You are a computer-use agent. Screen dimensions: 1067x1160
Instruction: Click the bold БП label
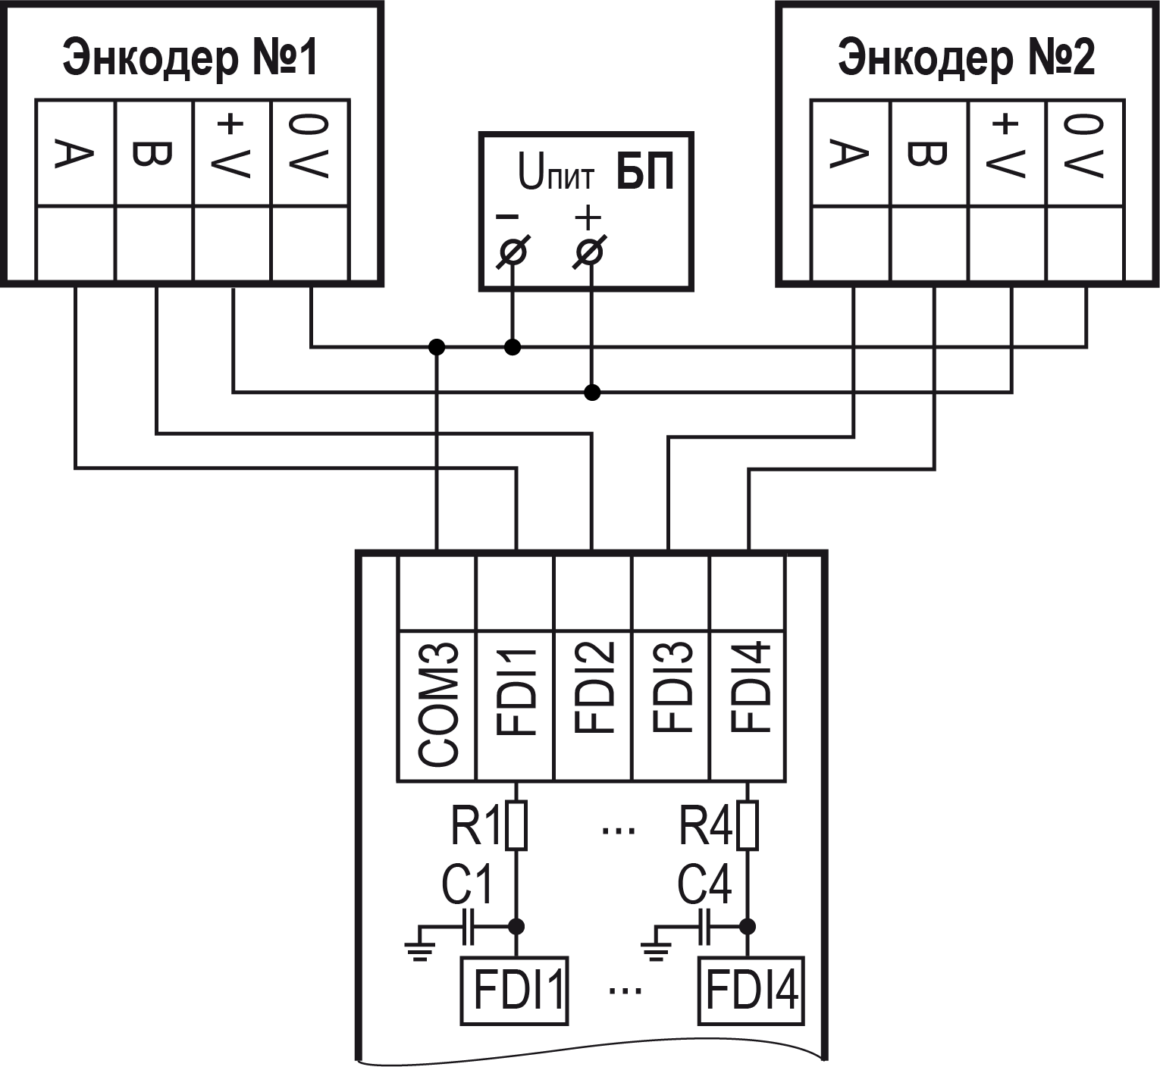(x=644, y=172)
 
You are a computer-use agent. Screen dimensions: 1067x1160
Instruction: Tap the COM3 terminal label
(x=437, y=705)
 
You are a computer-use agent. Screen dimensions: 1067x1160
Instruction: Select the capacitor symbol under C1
(x=468, y=926)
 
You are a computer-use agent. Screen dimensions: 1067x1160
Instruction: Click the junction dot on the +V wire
(x=593, y=392)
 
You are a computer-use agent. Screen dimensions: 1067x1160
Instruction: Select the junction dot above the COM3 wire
(x=437, y=347)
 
